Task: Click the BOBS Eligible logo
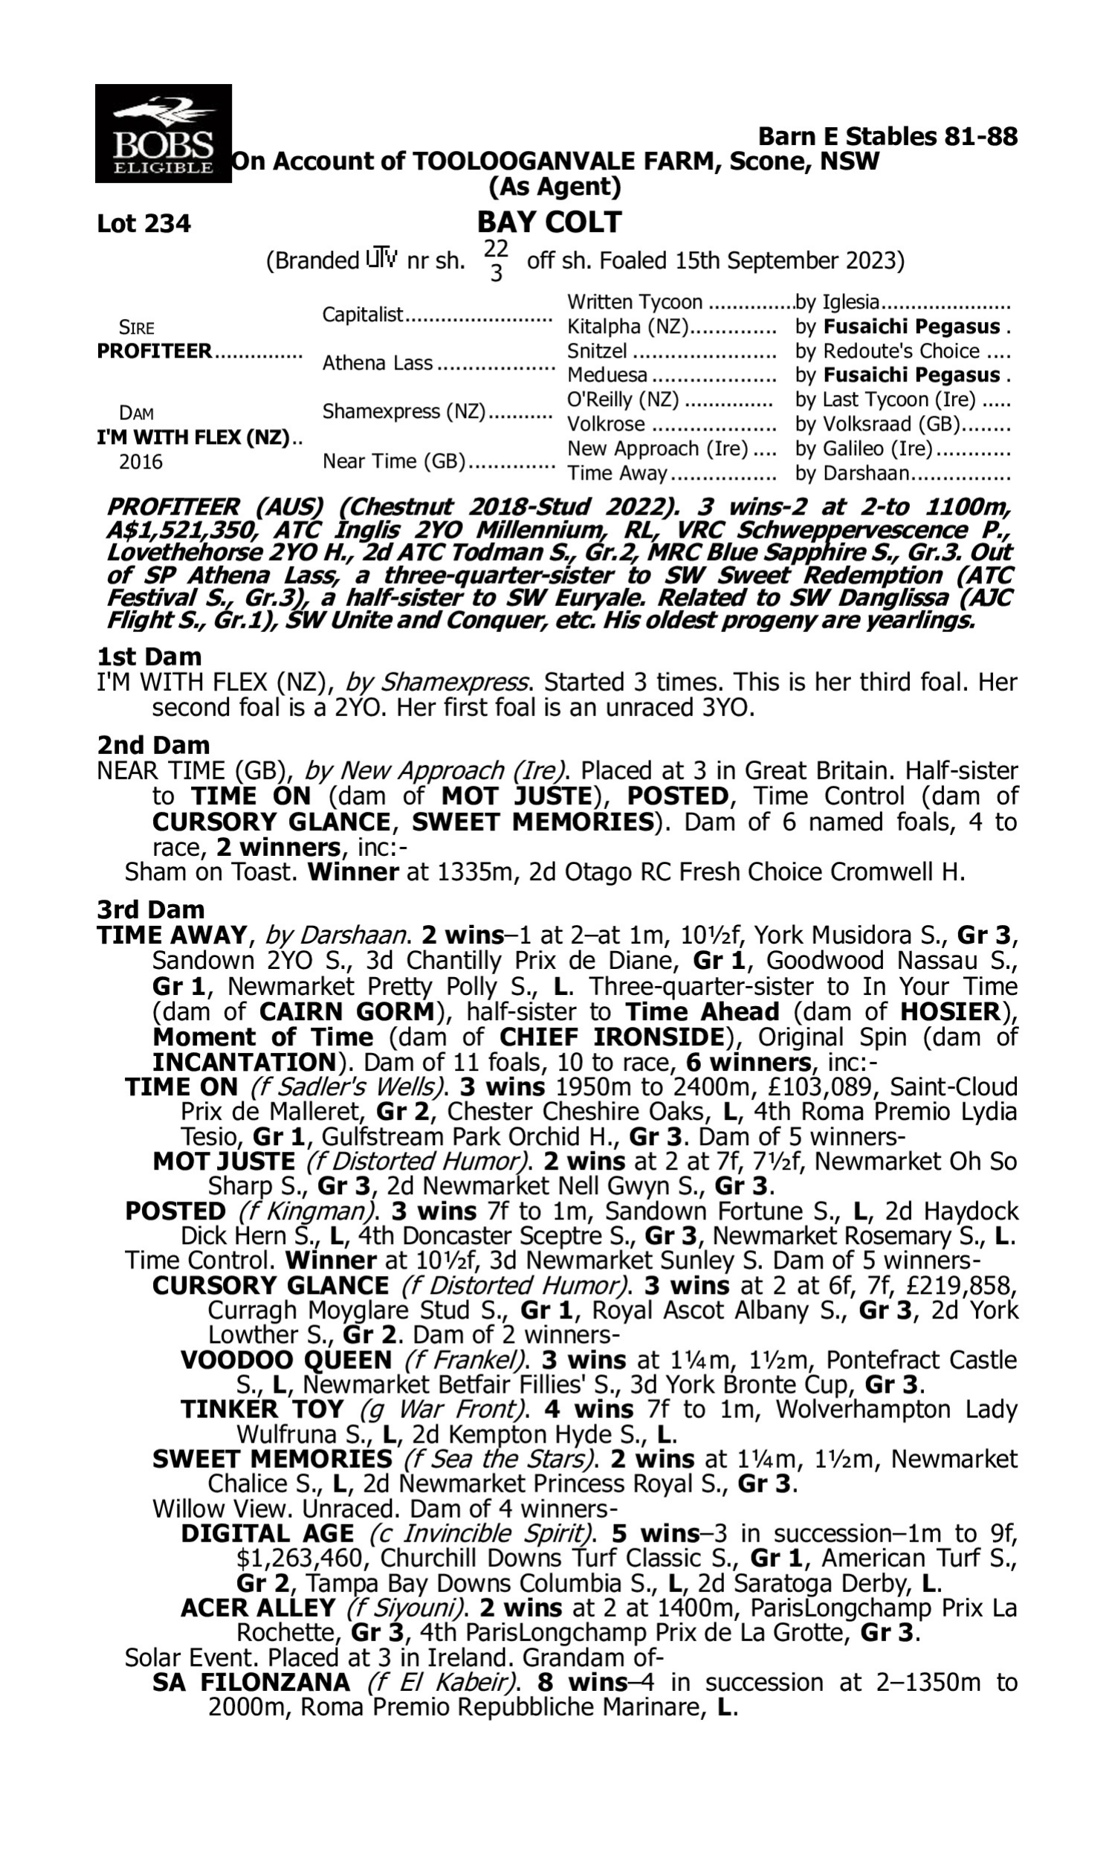pos(163,134)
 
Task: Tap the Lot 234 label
pos(144,224)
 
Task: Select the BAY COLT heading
pos(549,222)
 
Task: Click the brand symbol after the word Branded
pos(381,260)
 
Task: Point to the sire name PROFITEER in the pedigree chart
pos(155,352)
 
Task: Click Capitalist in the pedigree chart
pos(363,315)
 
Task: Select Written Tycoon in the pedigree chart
pos(635,302)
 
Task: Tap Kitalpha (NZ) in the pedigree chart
pos(629,327)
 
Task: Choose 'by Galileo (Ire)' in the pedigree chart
pos(863,449)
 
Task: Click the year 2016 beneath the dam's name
pos(140,462)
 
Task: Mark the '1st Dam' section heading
pos(149,657)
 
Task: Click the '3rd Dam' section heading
pos(151,910)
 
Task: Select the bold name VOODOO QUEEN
pos(286,1360)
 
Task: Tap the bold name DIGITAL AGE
pos(268,1533)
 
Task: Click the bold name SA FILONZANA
pos(251,1683)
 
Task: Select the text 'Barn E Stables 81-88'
pos(888,137)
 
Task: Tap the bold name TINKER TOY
pos(262,1409)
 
